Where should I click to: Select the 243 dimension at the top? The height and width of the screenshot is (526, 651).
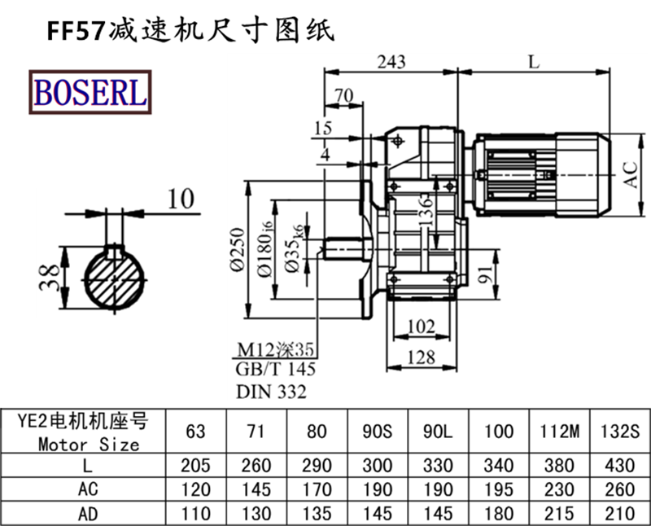pyautogui.click(x=391, y=60)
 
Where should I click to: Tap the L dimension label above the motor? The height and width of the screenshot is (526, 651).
pyautogui.click(x=533, y=60)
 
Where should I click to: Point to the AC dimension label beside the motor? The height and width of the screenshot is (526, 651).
pyautogui.click(x=631, y=173)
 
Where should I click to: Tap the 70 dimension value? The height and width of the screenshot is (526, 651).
pyautogui.click(x=343, y=96)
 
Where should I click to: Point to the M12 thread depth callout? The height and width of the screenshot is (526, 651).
pyautogui.click(x=275, y=350)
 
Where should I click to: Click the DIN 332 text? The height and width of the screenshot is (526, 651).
pyautogui.click(x=271, y=392)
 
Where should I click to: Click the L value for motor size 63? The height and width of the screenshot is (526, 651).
pyautogui.click(x=195, y=466)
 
